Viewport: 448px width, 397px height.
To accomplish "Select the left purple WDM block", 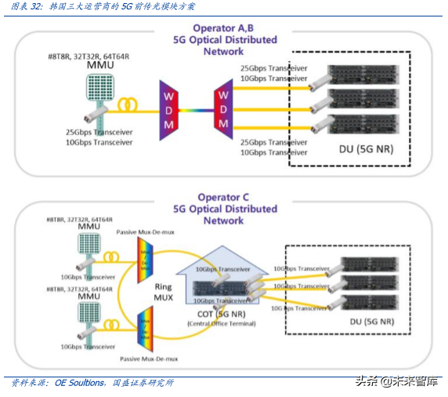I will [x=168, y=110].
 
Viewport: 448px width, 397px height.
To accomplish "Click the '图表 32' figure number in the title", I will [x=27, y=7].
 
